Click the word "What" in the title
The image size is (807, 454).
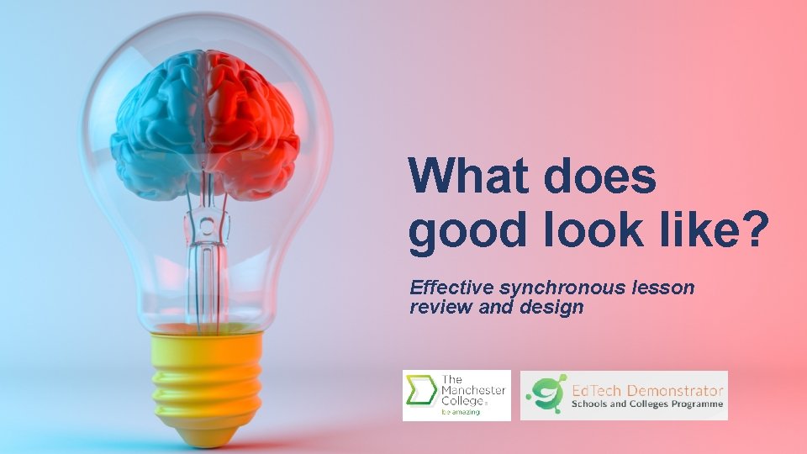coord(467,177)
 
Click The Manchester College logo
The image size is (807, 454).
coord(456,394)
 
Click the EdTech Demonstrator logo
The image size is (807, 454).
coord(624,395)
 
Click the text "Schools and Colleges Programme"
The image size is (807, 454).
coord(647,404)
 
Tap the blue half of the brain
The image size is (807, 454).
coord(160,126)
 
